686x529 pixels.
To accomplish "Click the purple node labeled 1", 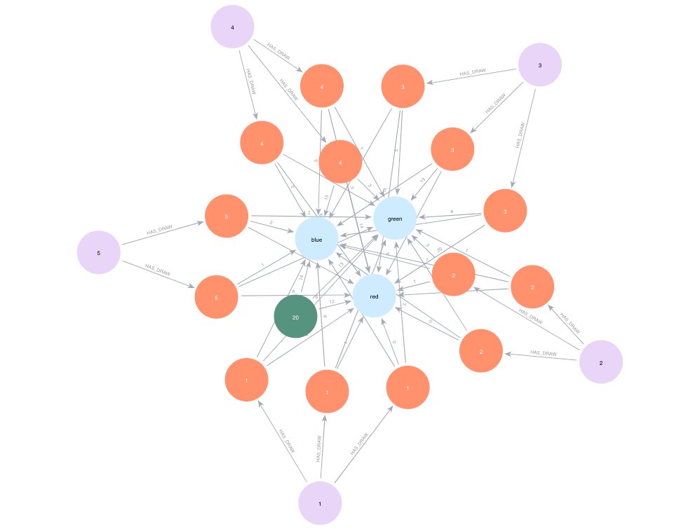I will pos(320,503).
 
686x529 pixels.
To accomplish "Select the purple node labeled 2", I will pos(601,362).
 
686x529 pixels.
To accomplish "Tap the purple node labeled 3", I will pos(539,65).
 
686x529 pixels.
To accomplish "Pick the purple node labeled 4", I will pos(232,27).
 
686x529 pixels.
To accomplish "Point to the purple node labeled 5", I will pos(99,251).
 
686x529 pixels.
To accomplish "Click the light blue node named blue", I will pos(316,240).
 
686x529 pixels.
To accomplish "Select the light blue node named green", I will pos(395,219).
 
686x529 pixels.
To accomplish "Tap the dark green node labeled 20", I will pos(295,317).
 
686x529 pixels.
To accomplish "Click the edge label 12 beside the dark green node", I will pos(331,301).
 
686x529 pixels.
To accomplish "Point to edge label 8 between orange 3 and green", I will pos(452,211).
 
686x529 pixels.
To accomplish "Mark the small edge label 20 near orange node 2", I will pos(438,250).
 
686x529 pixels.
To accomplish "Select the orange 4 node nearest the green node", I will pos(340,162).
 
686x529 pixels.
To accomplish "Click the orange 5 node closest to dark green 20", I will pos(217,298).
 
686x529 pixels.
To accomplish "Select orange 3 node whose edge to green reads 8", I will pos(505,211).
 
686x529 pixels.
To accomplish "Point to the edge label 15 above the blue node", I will pos(326,198).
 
